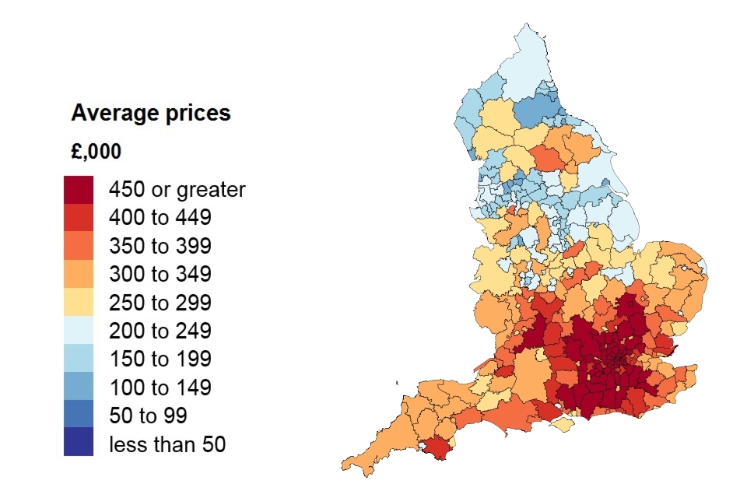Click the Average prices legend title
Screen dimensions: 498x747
click(151, 114)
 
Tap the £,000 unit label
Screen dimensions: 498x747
click(96, 152)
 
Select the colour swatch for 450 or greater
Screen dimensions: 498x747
click(79, 189)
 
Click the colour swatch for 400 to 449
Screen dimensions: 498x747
click(79, 218)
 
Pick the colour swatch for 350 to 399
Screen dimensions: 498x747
click(79, 246)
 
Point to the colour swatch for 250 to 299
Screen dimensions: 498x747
click(79, 303)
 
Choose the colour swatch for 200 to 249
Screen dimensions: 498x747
click(79, 331)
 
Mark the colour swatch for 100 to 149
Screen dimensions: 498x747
click(79, 387)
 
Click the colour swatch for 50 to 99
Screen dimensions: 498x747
click(79, 415)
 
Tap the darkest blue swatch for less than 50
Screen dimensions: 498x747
click(79, 442)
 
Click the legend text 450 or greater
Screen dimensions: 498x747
click(177, 190)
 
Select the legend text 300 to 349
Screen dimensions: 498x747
click(160, 275)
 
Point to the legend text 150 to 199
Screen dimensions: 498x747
click(160, 359)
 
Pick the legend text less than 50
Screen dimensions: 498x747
click(167, 444)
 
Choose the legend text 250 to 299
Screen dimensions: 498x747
click(160, 303)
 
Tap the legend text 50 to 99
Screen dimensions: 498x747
click(148, 416)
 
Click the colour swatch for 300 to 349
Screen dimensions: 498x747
click(79, 274)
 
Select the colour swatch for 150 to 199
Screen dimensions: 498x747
click(79, 359)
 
